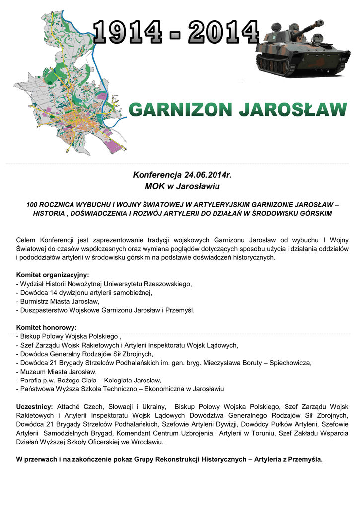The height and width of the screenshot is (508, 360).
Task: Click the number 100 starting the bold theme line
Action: (33, 204)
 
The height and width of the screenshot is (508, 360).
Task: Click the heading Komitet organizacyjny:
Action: (53, 275)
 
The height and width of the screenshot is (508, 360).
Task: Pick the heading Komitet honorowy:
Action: (46, 327)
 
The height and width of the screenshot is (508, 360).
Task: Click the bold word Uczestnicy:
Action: (35, 406)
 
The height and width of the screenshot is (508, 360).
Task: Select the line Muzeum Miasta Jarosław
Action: (58, 372)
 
